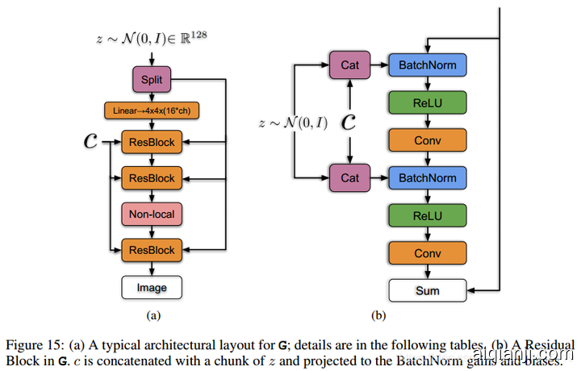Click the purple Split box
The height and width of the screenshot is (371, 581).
(152, 80)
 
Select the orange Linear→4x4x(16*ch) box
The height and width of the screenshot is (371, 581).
(152, 110)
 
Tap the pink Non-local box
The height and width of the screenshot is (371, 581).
(152, 214)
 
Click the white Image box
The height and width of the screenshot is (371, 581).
(152, 286)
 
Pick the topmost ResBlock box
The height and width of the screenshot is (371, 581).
(152, 142)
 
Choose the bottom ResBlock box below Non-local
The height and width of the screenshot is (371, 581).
(152, 250)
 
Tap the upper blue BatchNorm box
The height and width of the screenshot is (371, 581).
(428, 64)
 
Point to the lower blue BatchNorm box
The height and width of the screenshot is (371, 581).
(428, 177)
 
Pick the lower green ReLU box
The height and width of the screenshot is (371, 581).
(428, 216)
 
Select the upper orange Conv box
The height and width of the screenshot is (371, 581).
(428, 140)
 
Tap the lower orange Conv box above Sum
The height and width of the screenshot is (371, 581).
(428, 253)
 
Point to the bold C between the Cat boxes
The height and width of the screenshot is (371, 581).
(349, 122)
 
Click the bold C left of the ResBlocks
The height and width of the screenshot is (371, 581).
(90, 142)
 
